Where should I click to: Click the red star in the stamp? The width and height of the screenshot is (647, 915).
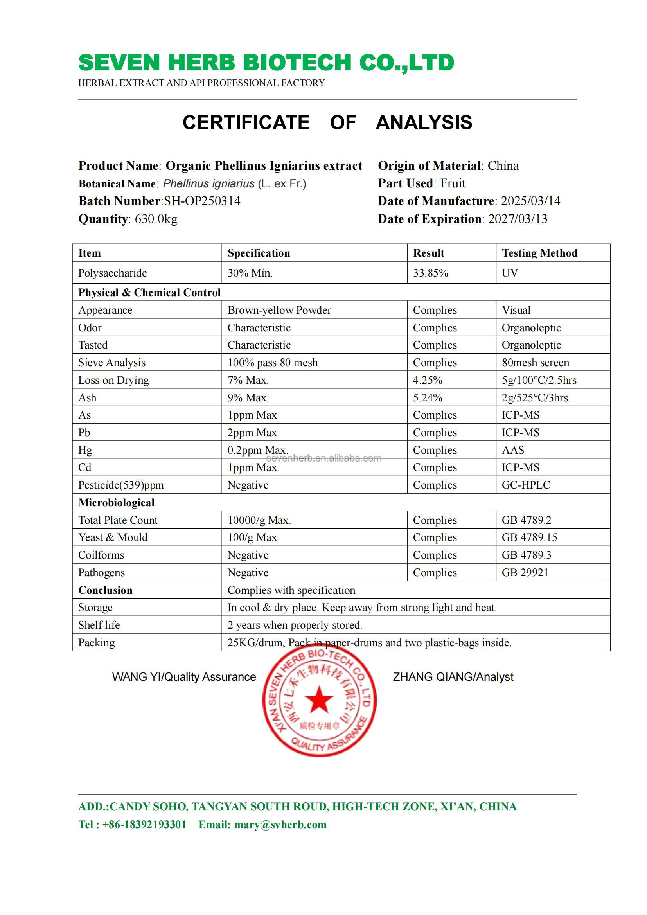319,699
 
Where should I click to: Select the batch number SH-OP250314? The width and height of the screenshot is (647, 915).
202,201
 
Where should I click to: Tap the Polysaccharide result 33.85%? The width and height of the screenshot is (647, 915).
430,273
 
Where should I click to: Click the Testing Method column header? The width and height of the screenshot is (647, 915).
539,253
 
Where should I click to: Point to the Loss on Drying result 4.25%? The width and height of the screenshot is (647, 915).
428,380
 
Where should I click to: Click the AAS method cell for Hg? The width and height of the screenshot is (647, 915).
513,450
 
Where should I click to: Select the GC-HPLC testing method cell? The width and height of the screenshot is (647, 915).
525,485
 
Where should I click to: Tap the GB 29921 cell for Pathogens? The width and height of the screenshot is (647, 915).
525,573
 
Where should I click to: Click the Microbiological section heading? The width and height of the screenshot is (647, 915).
116,503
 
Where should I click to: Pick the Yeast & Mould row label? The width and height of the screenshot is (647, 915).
113,537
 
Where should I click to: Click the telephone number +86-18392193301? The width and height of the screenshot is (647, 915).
144,825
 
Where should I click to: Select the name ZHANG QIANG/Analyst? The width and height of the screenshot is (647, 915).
453,677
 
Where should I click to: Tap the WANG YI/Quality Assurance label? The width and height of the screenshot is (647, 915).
184,677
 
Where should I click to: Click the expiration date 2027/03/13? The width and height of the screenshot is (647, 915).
518,219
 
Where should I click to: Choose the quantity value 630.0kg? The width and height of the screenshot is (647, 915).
156,219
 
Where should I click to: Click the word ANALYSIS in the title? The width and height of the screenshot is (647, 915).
424,122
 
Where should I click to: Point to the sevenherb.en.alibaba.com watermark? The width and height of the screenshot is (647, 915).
323,459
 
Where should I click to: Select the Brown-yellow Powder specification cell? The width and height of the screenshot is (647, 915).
279,310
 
